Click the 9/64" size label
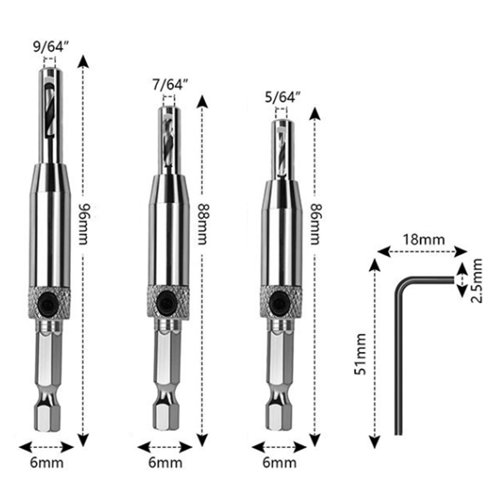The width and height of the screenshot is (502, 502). coord(51,47)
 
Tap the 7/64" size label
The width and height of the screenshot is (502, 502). coord(169,85)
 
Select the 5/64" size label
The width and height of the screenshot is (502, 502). coord(283,97)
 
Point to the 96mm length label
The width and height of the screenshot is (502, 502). coord(83,223)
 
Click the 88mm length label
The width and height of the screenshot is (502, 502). coord(202,223)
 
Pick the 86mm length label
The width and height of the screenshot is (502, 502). coord(316,223)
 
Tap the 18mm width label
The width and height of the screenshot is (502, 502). coord(424,240)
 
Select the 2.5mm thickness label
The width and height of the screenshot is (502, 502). coord(477,280)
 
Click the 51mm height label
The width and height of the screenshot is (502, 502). coord(360,354)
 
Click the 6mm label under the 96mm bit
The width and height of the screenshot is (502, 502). coord(46,462)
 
